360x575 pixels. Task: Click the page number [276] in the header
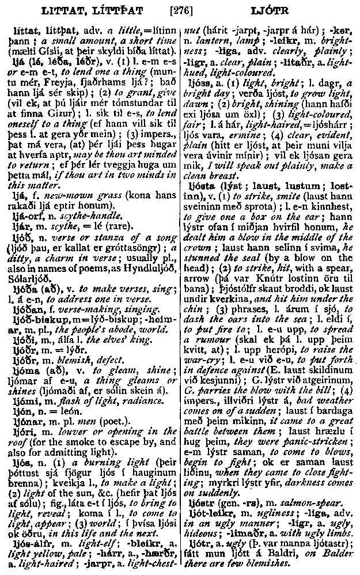pos(180,10)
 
